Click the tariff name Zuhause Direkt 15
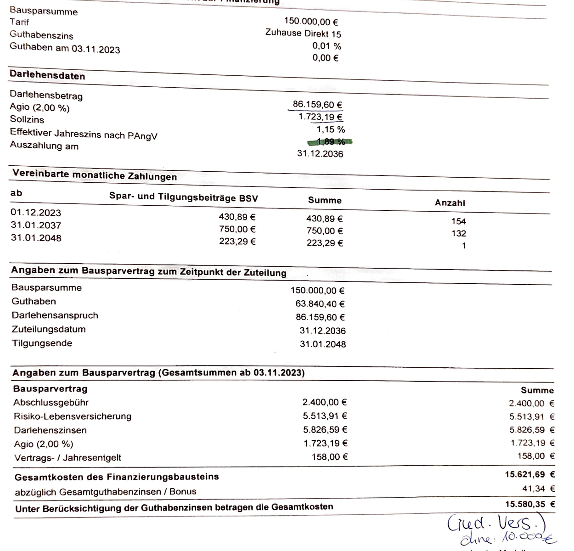(303, 34)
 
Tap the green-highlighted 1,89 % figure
(330, 142)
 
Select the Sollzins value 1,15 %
(331, 129)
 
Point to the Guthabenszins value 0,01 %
(326, 46)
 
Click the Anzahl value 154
(458, 221)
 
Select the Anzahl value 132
(458, 233)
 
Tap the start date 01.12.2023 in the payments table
(36, 213)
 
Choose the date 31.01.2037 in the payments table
(36, 225)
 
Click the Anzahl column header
(450, 202)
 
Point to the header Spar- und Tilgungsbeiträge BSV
(184, 197)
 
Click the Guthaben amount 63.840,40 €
(320, 304)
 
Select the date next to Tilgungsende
(323, 344)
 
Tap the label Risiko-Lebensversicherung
(73, 416)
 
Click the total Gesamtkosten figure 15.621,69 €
(530, 474)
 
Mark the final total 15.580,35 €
(530, 504)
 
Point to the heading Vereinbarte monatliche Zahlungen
(95, 175)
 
